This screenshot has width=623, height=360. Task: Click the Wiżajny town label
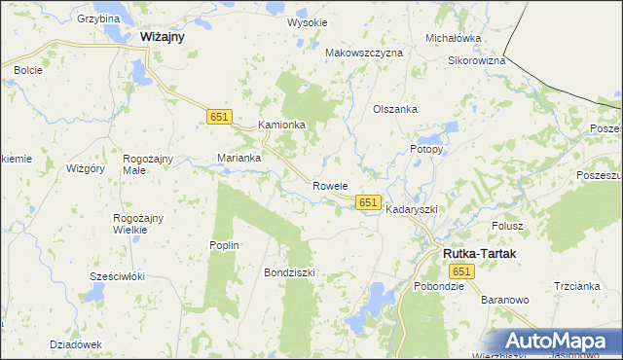[x=163, y=36]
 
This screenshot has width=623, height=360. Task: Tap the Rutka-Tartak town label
[x=480, y=253]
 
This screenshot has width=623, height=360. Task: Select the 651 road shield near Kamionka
[x=219, y=117]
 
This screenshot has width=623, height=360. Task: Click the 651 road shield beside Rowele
[x=367, y=201]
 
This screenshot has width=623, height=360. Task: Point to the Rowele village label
[x=330, y=185]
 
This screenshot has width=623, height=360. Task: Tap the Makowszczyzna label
[x=363, y=53]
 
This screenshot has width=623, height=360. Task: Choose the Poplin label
[x=224, y=245]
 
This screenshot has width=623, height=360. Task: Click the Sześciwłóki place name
[x=117, y=276]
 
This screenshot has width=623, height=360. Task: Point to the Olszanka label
[x=395, y=109]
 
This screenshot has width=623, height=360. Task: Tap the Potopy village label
[x=425, y=150]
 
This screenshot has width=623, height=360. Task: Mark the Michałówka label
[x=454, y=38]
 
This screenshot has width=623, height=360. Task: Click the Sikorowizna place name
[x=476, y=60]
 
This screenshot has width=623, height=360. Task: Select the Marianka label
[x=239, y=158]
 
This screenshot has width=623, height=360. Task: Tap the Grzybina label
[x=97, y=18]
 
